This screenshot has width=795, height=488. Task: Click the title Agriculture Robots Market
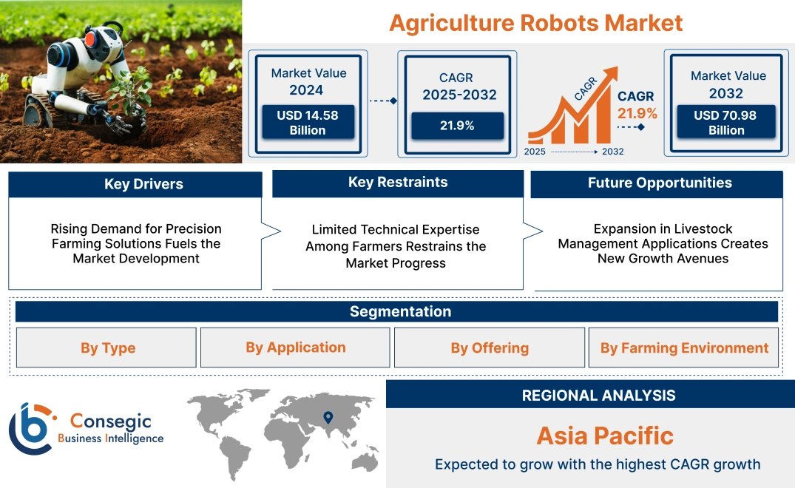(x=535, y=22)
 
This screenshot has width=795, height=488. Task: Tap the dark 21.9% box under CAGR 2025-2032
(x=457, y=126)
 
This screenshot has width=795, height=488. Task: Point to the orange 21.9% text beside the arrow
(x=637, y=113)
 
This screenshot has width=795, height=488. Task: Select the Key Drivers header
(x=135, y=185)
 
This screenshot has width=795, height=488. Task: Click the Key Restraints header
(x=398, y=183)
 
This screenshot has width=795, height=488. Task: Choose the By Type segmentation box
(x=107, y=348)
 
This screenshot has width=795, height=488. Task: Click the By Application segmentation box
(x=295, y=348)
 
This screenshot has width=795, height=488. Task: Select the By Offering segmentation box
(x=490, y=348)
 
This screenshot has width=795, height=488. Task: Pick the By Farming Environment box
(x=684, y=348)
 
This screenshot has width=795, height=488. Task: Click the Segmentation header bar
(x=399, y=311)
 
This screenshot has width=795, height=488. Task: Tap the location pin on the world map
(x=328, y=418)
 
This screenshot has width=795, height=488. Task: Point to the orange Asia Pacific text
(x=605, y=436)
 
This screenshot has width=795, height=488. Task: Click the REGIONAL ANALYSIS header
(x=598, y=396)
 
